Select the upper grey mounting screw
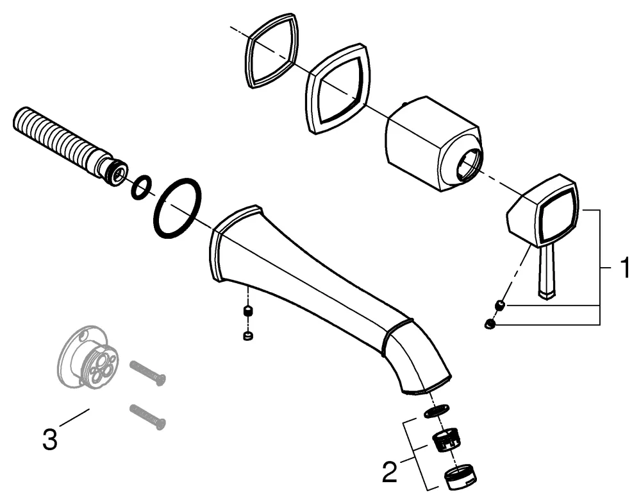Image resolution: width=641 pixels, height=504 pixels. [147, 373]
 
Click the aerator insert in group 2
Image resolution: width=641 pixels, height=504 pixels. [446, 442]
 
